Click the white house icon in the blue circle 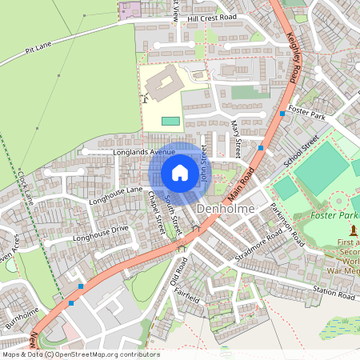[180, 172]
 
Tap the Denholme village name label [225, 209]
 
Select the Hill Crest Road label [212, 17]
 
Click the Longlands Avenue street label [144, 151]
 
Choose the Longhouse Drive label [100, 234]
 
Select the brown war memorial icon [353, 231]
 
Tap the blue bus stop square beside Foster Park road [282, 114]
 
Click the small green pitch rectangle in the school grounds [170, 121]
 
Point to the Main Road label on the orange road [240, 183]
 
